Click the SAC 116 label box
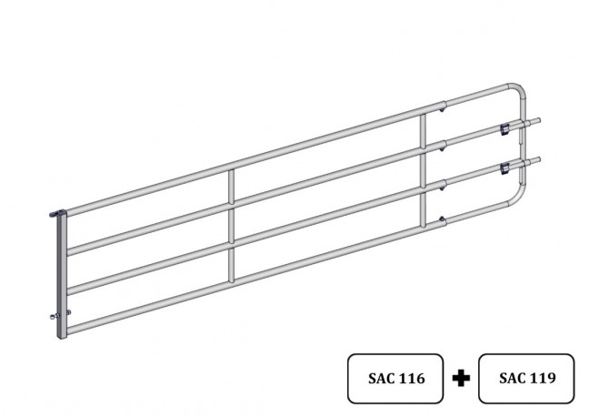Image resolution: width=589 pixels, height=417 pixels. coord(395,378)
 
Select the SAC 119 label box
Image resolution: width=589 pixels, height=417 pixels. coord(526,378)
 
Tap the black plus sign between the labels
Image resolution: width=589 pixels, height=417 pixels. coord(461,378)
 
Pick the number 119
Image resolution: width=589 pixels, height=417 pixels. coord(542,378)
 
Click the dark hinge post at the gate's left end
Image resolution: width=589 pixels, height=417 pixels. coord(62,276)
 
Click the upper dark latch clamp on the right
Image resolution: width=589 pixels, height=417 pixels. coord(505,129)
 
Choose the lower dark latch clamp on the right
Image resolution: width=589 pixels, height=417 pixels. coord(505,168)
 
